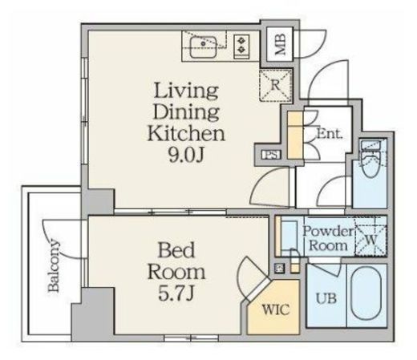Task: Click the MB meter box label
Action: point(280,44)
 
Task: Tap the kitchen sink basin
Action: point(204,47)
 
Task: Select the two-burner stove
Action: point(241,47)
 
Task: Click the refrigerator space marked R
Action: point(275,85)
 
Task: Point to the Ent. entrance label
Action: point(330,133)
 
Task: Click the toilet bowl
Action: point(370,164)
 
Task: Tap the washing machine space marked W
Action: point(370,239)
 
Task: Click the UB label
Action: point(326,298)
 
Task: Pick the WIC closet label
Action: point(276,309)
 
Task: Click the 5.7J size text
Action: point(176,293)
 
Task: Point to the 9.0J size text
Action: point(186,155)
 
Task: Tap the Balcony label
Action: point(53,265)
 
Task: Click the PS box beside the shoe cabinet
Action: point(271,155)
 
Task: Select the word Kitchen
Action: point(186,133)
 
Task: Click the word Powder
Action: point(328,232)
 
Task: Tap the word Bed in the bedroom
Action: point(176,250)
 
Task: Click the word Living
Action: point(186,91)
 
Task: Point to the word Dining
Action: point(186,112)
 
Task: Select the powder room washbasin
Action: point(289,235)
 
